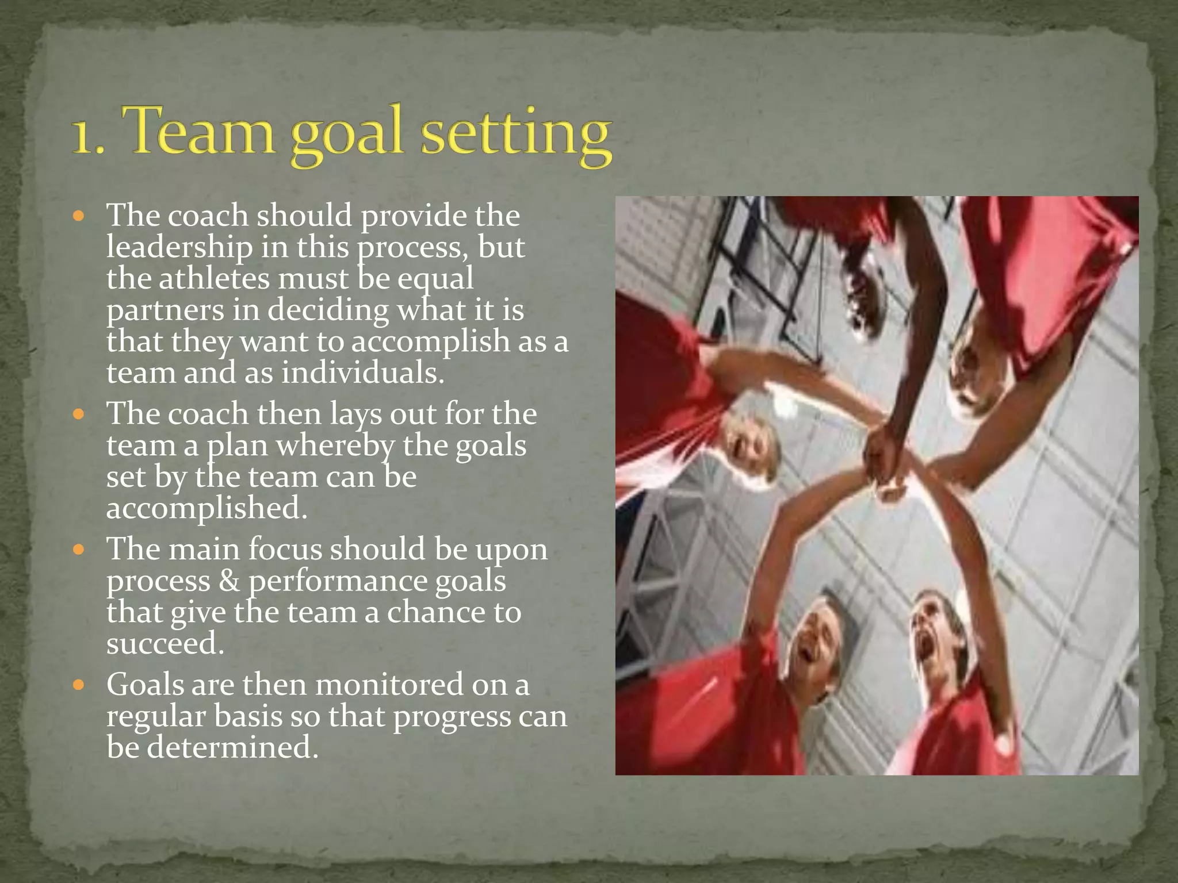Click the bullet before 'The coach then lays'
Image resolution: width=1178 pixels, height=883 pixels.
(79, 414)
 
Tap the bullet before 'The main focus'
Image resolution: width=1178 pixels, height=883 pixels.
(79, 550)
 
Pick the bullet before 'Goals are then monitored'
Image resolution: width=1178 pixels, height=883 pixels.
(79, 685)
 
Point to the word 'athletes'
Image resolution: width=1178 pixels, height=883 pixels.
(214, 279)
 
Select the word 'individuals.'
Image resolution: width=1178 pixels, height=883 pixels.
(363, 373)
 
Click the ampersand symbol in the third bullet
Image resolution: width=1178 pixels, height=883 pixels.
(230, 581)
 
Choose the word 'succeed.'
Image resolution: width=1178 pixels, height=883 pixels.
(165, 644)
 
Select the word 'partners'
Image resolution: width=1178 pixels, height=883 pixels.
(165, 311)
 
